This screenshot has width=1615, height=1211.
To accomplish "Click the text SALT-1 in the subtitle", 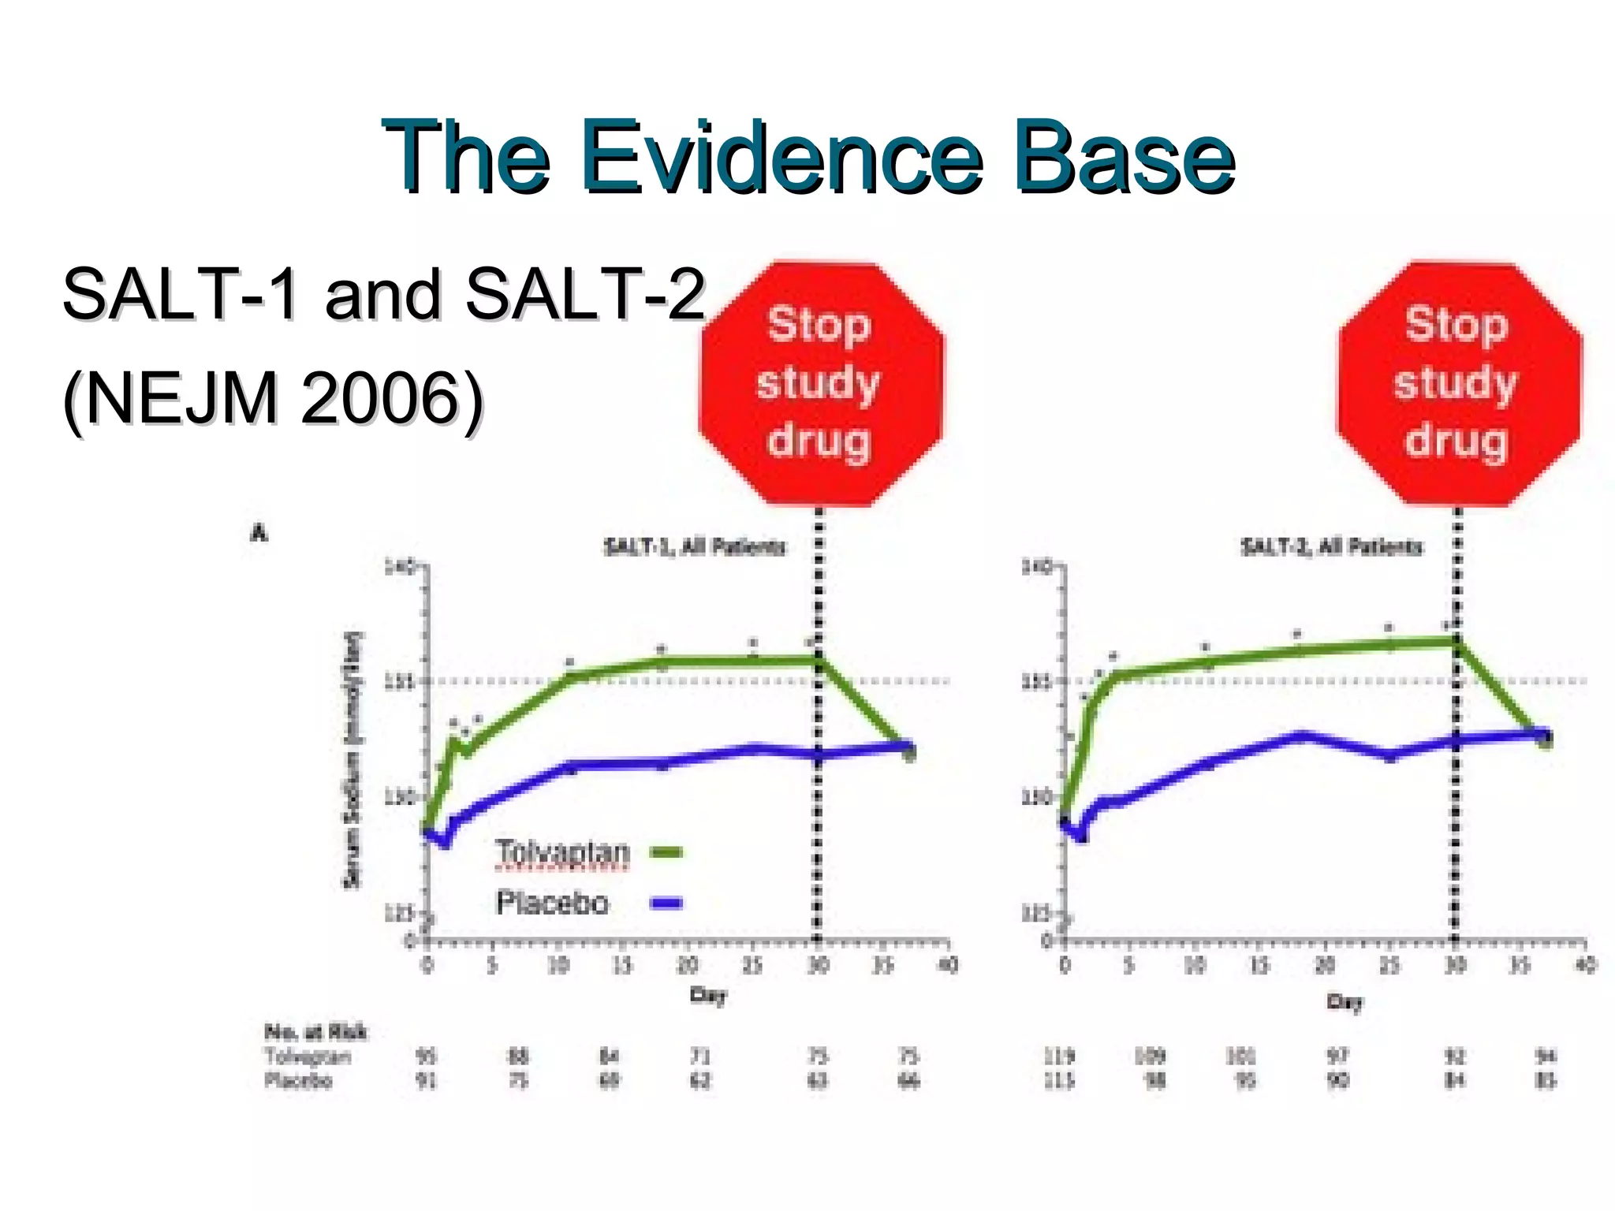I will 181,294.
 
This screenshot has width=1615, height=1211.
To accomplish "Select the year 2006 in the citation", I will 379,398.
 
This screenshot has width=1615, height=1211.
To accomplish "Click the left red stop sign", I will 820,383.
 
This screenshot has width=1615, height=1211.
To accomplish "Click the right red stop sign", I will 1457,383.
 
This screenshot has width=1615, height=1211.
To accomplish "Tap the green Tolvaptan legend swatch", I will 666,852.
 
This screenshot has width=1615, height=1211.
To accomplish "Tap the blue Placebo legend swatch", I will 666,904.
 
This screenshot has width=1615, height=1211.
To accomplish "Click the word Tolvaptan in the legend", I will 562,852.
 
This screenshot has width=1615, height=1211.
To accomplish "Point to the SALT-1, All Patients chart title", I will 694,546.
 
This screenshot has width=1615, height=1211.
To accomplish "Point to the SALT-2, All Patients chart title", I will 1331,546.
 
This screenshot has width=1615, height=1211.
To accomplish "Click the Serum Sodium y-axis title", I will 352,758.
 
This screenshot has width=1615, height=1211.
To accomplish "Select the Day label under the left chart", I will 707,995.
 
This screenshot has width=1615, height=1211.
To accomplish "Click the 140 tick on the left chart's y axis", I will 398,567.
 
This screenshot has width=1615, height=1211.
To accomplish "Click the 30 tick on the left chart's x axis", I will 818,965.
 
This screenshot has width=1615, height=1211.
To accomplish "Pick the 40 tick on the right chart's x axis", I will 1585,965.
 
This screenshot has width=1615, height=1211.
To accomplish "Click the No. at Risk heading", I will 315,1031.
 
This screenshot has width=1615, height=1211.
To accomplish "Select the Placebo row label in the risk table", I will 298,1080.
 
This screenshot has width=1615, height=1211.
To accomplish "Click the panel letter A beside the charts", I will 259,534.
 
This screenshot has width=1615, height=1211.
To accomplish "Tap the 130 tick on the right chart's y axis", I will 1036,798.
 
